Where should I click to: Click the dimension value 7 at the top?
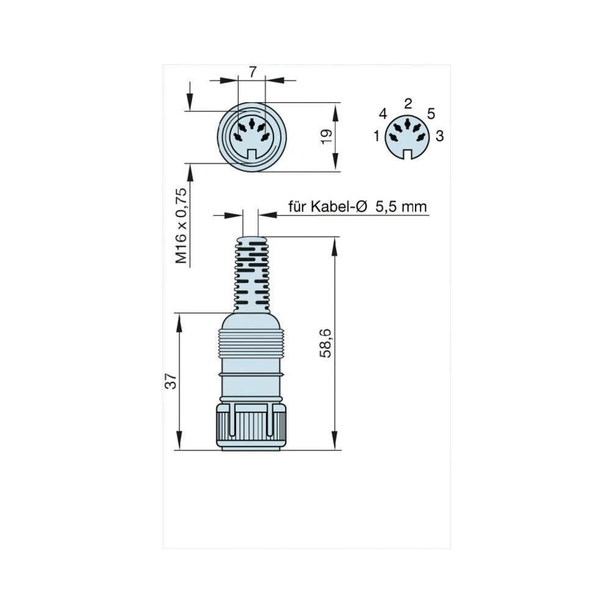tap(252, 72)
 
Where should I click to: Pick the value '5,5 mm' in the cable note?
tap(400, 207)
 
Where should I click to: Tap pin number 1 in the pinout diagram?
tap(377, 136)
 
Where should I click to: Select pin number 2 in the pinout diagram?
tap(408, 103)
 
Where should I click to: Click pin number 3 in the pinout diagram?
tap(439, 136)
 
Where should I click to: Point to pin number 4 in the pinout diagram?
tap(383, 114)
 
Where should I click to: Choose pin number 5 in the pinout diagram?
tap(431, 114)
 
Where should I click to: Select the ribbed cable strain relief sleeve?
tap(251, 272)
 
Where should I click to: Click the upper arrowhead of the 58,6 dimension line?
tap(335, 245)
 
